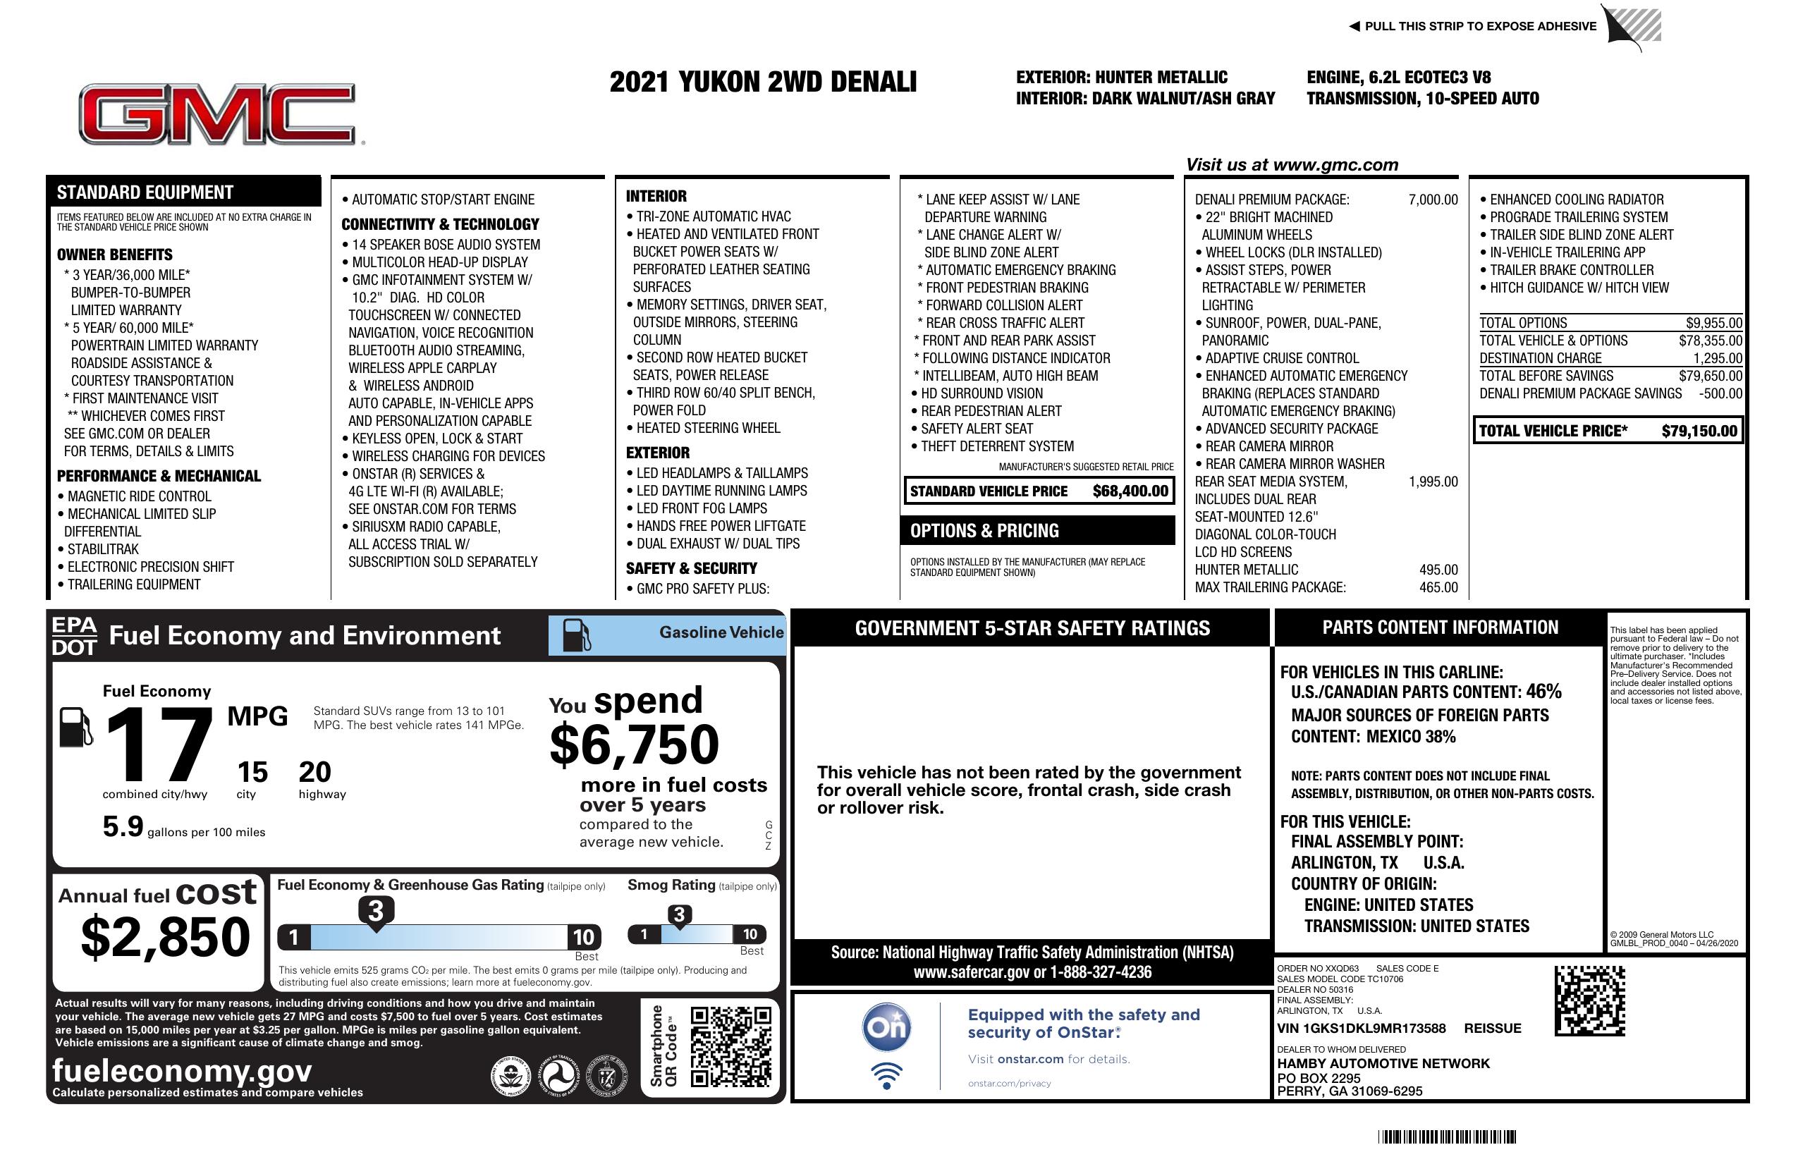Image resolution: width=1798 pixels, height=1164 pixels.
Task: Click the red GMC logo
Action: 217,114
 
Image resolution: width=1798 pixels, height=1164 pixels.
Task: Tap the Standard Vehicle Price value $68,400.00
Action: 1130,491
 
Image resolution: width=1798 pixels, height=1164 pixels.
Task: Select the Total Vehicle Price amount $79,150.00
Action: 1699,431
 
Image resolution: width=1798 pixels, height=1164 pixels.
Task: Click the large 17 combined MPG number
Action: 159,745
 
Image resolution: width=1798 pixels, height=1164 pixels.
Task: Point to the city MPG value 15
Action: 252,772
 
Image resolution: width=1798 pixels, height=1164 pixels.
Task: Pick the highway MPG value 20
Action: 314,772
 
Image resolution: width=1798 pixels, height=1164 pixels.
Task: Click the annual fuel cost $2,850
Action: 166,937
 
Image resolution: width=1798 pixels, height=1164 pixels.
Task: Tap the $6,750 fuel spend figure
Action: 635,745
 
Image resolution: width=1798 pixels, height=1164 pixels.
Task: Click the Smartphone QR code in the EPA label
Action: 730,1046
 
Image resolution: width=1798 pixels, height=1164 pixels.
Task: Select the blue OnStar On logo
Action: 886,1027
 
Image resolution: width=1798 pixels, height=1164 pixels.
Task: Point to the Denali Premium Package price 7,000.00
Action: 1432,200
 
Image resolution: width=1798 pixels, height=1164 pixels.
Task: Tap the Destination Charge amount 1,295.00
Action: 1717,359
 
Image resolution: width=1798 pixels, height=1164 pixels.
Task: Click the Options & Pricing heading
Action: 984,531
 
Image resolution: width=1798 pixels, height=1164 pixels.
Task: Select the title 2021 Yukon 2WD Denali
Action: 763,82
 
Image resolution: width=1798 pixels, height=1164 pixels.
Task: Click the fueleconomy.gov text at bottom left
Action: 182,1071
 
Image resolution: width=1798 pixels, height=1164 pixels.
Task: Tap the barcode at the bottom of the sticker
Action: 1446,1137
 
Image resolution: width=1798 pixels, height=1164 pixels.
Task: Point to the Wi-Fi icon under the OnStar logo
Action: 886,1076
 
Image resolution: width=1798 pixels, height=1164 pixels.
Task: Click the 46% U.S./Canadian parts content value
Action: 1543,692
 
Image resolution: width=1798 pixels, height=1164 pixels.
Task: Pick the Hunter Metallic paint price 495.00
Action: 1438,570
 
